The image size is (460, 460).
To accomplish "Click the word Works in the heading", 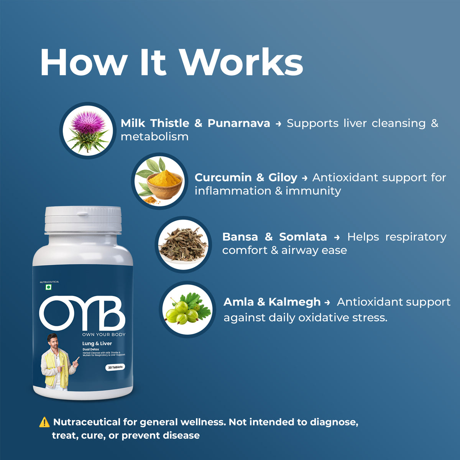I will [242, 62].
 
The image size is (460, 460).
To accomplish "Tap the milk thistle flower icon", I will [88, 131].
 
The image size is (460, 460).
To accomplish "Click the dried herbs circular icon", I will [183, 245].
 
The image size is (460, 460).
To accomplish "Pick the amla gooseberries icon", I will [187, 309].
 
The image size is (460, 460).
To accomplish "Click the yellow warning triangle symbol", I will [44, 422].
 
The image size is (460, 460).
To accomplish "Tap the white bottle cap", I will [83, 220].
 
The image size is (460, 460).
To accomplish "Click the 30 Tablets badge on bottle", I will [115, 367].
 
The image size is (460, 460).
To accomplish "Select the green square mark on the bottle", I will [49, 287].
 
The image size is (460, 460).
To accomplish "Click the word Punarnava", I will [238, 123].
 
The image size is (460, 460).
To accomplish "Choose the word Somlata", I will [303, 237].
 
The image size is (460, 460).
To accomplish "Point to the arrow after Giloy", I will [305, 178].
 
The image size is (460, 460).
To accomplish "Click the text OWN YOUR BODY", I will [103, 335].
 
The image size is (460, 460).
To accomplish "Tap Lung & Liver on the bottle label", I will [97, 343].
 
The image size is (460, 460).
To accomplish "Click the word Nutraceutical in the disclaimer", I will [87, 422].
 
